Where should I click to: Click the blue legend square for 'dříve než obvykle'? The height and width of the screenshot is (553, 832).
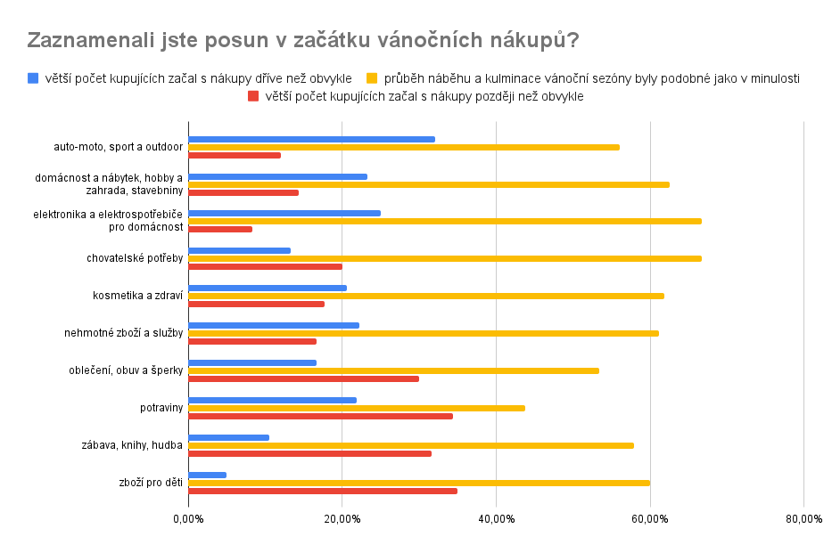[33, 78]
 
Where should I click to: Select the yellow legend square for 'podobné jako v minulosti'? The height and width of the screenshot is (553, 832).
[373, 78]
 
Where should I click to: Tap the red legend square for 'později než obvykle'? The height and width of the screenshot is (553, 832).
[252, 96]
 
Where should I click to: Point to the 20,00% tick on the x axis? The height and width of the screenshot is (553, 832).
[342, 518]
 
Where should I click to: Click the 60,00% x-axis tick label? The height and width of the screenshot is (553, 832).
[650, 518]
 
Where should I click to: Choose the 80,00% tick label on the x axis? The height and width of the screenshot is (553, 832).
[803, 518]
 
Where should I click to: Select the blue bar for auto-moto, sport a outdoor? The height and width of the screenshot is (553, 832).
[311, 139]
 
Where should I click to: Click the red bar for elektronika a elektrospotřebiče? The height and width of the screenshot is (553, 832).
[220, 229]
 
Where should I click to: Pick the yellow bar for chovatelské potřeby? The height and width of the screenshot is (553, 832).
[444, 258]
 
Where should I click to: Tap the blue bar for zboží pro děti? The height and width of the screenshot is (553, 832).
[208, 475]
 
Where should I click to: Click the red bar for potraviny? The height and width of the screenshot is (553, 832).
[320, 416]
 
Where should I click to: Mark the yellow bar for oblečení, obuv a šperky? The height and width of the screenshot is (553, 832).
[393, 370]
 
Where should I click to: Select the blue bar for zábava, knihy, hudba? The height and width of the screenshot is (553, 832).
[228, 437]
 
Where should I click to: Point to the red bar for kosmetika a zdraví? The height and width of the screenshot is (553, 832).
[256, 304]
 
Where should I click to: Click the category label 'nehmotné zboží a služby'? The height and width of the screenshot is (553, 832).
[123, 333]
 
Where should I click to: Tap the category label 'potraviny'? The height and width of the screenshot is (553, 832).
[161, 408]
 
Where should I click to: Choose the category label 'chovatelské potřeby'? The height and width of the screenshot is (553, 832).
[135, 258]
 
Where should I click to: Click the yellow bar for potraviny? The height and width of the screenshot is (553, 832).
[357, 408]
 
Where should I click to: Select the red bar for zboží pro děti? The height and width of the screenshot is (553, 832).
[323, 491]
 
